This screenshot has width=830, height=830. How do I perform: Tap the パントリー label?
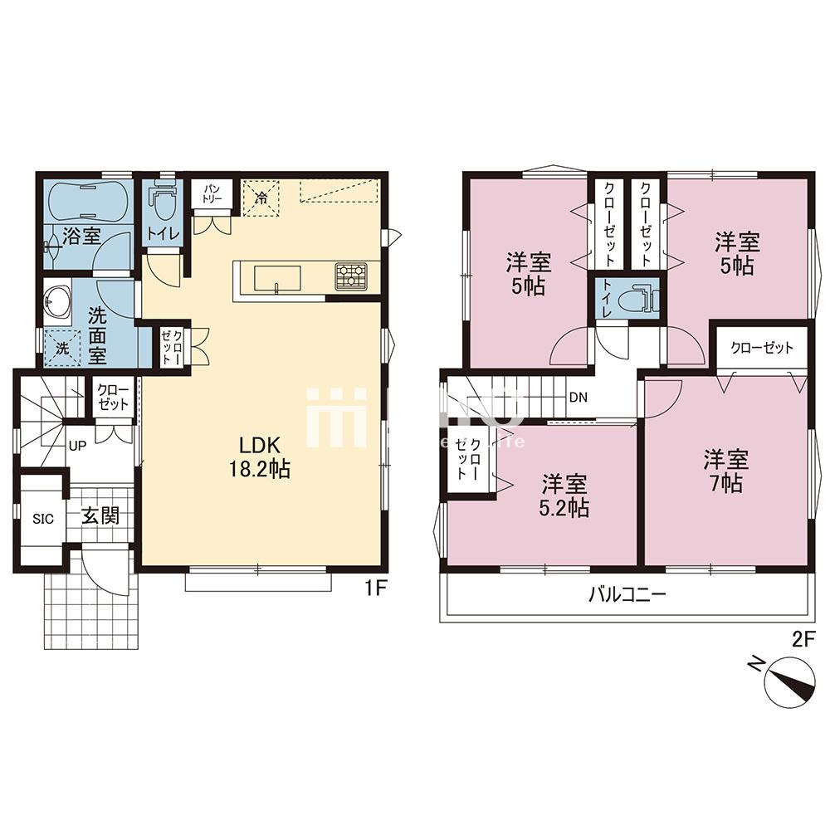click(207, 195)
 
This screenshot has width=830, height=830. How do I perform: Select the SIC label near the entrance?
click(43, 519)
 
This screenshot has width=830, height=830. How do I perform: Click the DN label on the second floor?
click(578, 397)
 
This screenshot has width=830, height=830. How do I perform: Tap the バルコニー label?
click(627, 594)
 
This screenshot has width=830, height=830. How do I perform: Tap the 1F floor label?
click(376, 588)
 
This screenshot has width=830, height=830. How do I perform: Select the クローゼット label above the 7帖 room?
click(761, 348)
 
